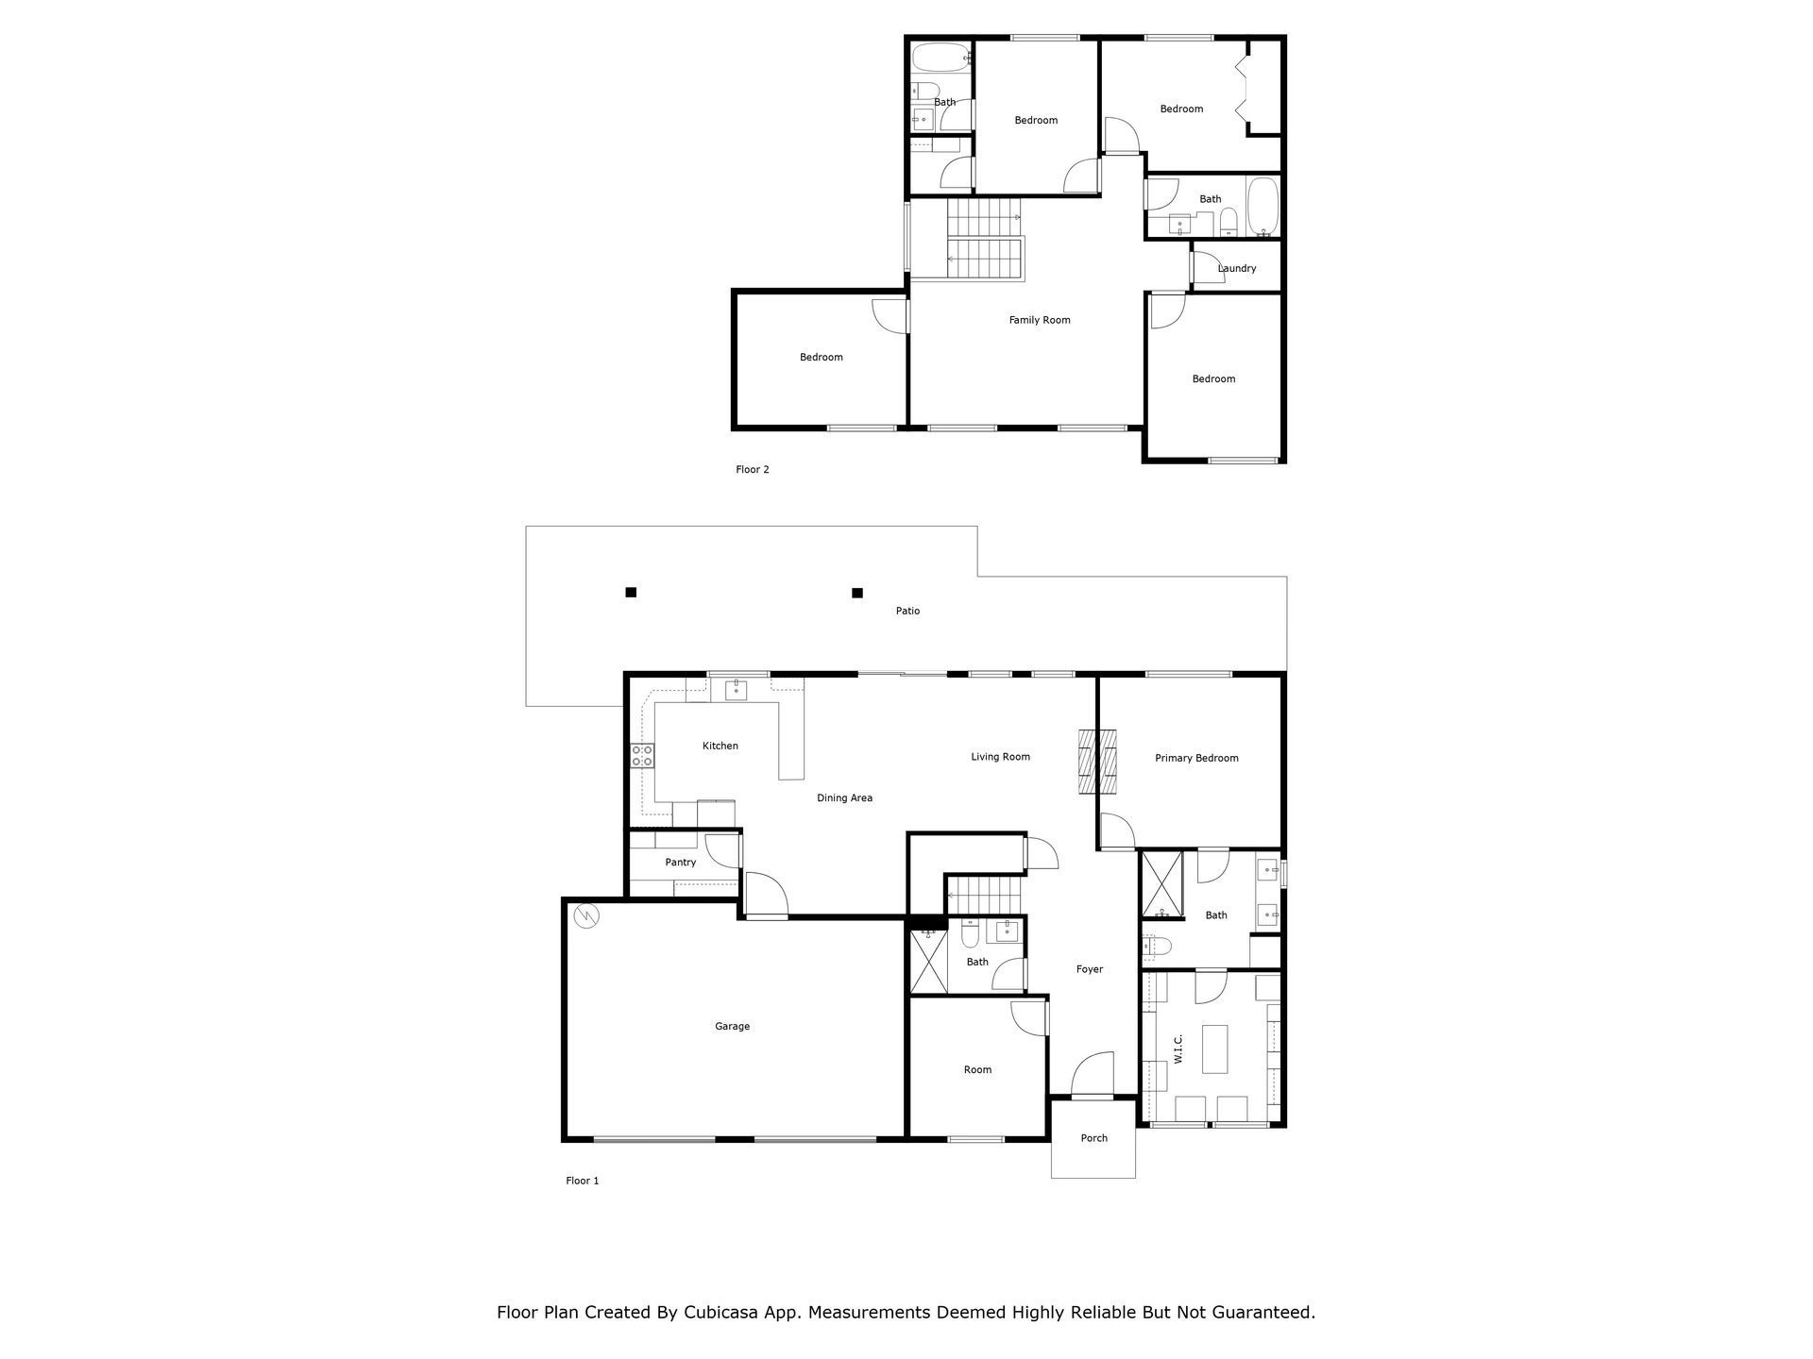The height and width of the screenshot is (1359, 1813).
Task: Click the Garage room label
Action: [732, 1026]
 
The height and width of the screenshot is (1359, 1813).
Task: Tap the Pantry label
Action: [680, 862]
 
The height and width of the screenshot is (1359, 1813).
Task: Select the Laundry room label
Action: [1236, 268]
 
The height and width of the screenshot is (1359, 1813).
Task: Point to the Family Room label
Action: [1040, 320]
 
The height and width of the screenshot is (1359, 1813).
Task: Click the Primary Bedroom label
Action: [1196, 758]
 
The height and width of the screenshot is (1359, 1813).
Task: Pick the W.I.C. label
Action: [1178, 1048]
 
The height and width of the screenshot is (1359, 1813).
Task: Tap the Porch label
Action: [1093, 1138]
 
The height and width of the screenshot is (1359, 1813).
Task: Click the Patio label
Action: [907, 611]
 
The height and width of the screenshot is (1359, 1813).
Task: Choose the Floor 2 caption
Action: [753, 469]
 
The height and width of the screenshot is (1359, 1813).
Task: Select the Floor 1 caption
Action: [583, 1181]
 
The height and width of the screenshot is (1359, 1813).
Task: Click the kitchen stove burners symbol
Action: [642, 755]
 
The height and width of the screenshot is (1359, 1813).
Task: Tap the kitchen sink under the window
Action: [736, 690]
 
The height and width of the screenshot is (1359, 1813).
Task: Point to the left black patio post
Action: [631, 593]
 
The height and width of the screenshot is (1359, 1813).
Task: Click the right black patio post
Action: [857, 593]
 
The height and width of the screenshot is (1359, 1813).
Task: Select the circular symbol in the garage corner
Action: [585, 914]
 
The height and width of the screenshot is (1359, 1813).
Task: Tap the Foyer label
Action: [1090, 969]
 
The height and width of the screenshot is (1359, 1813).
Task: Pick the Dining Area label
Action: [844, 797]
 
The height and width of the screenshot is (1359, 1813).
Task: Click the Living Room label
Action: [1000, 757]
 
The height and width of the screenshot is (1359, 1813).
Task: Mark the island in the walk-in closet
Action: [1214, 1049]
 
